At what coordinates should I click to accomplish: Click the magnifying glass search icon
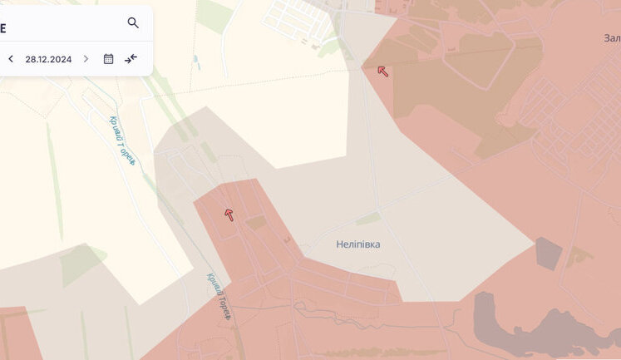pos(133,22)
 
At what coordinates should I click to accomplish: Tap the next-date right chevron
pos(86,59)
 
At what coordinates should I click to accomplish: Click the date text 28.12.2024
pos(49,59)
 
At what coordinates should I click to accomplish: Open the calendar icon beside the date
pos(108,59)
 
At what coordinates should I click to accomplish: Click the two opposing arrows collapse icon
pos(131,59)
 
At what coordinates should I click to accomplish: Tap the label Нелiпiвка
pos(358,244)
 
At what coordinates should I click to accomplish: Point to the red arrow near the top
pos(382,71)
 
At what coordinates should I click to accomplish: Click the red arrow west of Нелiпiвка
pos(229,215)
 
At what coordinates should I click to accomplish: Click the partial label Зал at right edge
pos(611,38)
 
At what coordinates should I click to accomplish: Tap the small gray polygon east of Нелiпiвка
pos(549,254)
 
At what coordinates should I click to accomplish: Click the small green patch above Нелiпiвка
pos(368,219)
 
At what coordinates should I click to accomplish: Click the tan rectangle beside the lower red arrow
pos(256,223)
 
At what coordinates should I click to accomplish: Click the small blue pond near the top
pos(195,62)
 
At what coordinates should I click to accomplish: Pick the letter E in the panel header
pos(3,27)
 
